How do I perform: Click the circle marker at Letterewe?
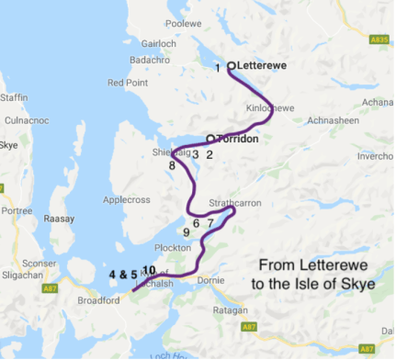point(232,66)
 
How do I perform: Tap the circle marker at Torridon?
point(211,139)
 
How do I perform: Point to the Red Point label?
point(127,83)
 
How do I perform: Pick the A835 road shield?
point(376,39)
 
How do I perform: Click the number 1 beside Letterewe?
point(217,68)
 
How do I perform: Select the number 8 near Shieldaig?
point(172,165)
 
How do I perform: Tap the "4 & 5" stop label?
point(122,274)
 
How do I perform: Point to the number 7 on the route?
point(210,223)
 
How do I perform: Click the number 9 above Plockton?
point(187,233)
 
